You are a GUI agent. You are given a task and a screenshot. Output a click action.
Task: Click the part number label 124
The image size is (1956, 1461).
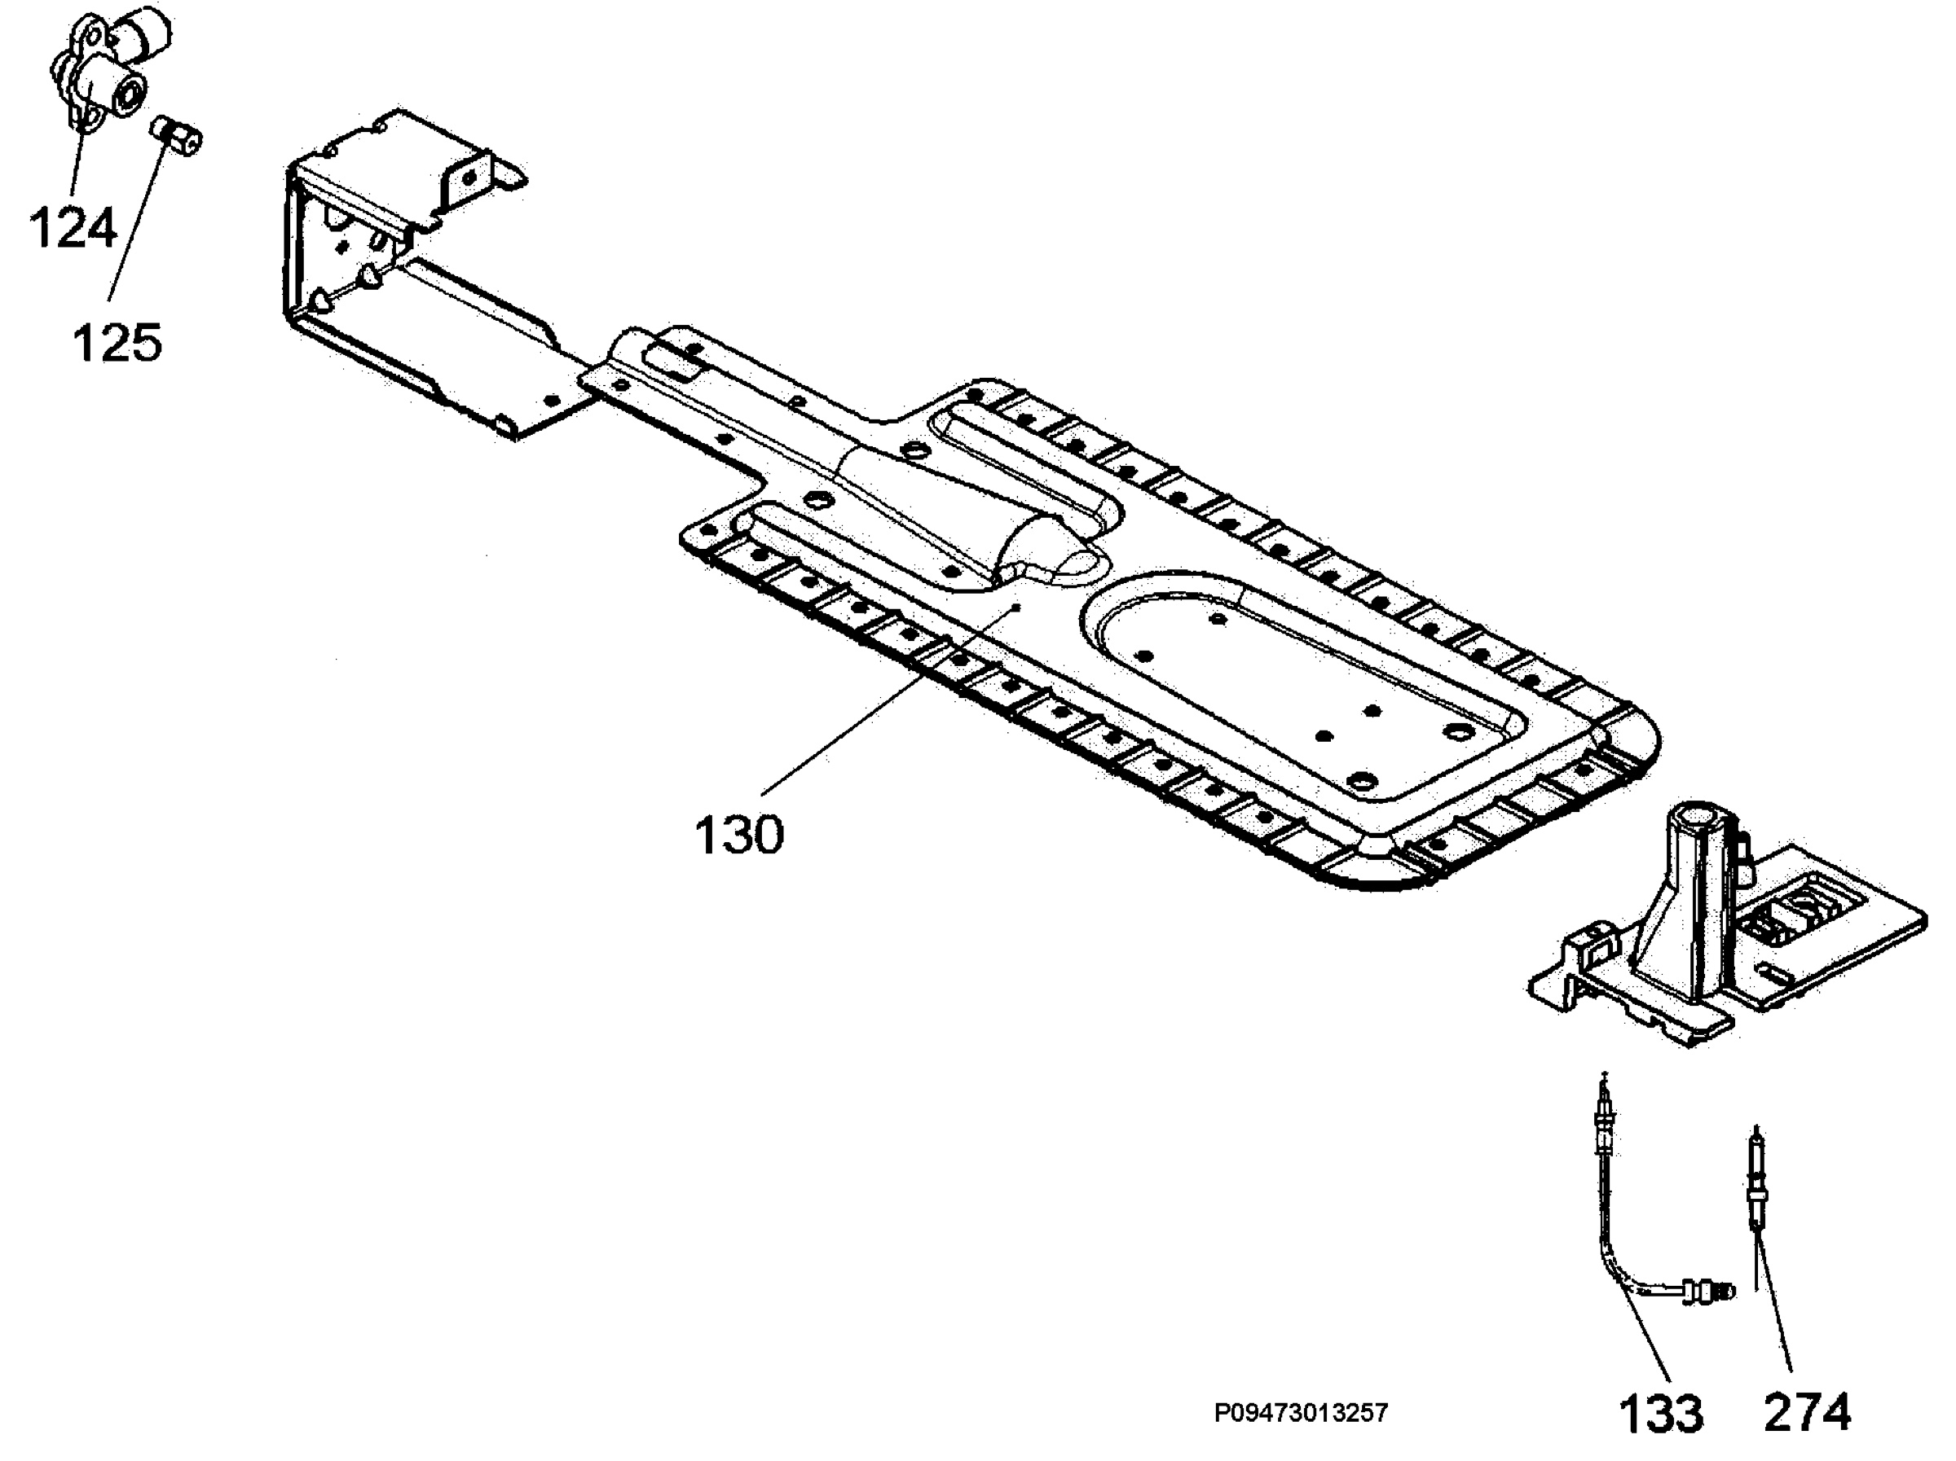[x=73, y=227]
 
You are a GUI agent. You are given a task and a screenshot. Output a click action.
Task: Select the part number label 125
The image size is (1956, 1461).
[x=117, y=342]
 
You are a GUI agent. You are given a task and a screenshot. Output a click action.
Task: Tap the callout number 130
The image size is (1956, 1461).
[x=739, y=835]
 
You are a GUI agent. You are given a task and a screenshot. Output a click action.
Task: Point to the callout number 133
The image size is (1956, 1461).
[x=1661, y=1413]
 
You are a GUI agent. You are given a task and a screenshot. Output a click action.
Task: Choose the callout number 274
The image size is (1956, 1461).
[x=1807, y=1412]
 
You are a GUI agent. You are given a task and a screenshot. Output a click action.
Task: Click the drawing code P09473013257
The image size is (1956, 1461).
[x=1301, y=1413]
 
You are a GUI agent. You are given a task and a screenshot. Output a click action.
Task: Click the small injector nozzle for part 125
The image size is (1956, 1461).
[x=177, y=135]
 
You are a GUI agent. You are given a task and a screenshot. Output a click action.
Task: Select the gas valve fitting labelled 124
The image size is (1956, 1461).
[x=107, y=65]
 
